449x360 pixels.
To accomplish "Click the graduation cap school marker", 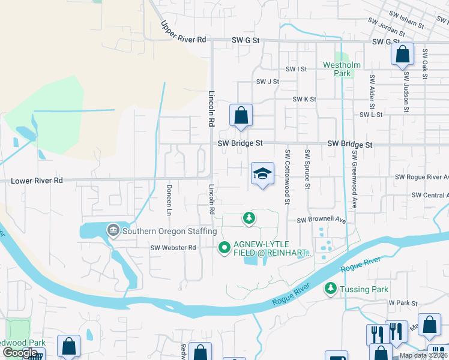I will pyautogui.click(x=262, y=173).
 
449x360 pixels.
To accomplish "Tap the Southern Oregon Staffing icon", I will pyautogui.click(x=113, y=230).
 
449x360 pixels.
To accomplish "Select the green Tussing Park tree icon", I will pyautogui.click(x=330, y=289).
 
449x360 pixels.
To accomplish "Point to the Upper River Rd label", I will pyautogui.click(x=184, y=33).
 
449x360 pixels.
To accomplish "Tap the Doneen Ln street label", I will pyautogui.click(x=169, y=200).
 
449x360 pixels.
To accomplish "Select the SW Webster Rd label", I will pyautogui.click(x=173, y=247).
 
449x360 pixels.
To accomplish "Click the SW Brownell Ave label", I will pyautogui.click(x=322, y=220).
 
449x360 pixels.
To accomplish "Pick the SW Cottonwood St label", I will pyautogui.click(x=288, y=177).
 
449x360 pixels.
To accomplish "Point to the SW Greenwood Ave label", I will pyautogui.click(x=354, y=179).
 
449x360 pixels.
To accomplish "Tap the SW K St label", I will pyautogui.click(x=304, y=99).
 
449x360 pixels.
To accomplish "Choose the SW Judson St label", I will pyautogui.click(x=406, y=92).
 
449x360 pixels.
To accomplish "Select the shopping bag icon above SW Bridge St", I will pyautogui.click(x=241, y=115).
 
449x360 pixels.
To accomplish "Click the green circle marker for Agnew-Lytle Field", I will pyautogui.click(x=224, y=247).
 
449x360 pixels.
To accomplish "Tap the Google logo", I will pyautogui.click(x=20, y=353).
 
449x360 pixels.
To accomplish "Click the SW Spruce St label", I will pyautogui.click(x=307, y=170).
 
